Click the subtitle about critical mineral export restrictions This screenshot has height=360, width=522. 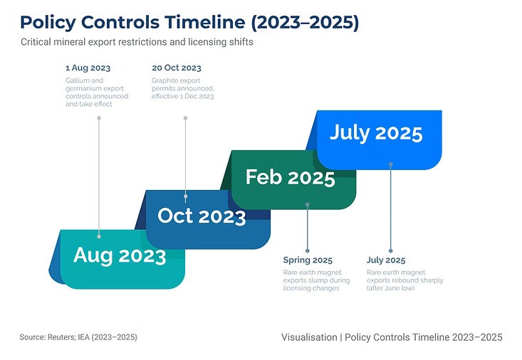click(x=137, y=42)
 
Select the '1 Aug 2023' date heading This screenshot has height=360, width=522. click(x=88, y=68)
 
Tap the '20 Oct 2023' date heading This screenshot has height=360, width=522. click(x=177, y=68)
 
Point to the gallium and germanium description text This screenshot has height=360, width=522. click(x=97, y=92)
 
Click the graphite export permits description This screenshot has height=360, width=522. click(x=183, y=88)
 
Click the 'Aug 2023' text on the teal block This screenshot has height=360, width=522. click(x=120, y=255)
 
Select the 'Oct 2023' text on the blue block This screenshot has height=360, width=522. click(x=202, y=216)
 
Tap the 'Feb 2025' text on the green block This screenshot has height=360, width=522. click(x=291, y=177)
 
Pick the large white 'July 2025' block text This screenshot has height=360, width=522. click(x=376, y=133)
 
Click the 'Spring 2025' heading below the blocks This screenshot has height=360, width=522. click(x=308, y=260)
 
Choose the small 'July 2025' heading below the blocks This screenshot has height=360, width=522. click(x=386, y=260)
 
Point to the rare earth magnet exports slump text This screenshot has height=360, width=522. click(x=316, y=280)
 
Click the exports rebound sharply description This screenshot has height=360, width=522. click(x=404, y=280)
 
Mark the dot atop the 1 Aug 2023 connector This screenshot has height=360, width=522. click(x=99, y=118)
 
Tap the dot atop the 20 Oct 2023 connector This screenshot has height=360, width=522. click(x=185, y=118)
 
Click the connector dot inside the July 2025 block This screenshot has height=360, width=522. click(x=390, y=164)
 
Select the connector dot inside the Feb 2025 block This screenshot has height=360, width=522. click(x=307, y=204)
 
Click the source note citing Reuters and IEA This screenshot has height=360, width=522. click(x=78, y=337)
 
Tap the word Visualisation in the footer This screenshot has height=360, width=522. click(x=309, y=337)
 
